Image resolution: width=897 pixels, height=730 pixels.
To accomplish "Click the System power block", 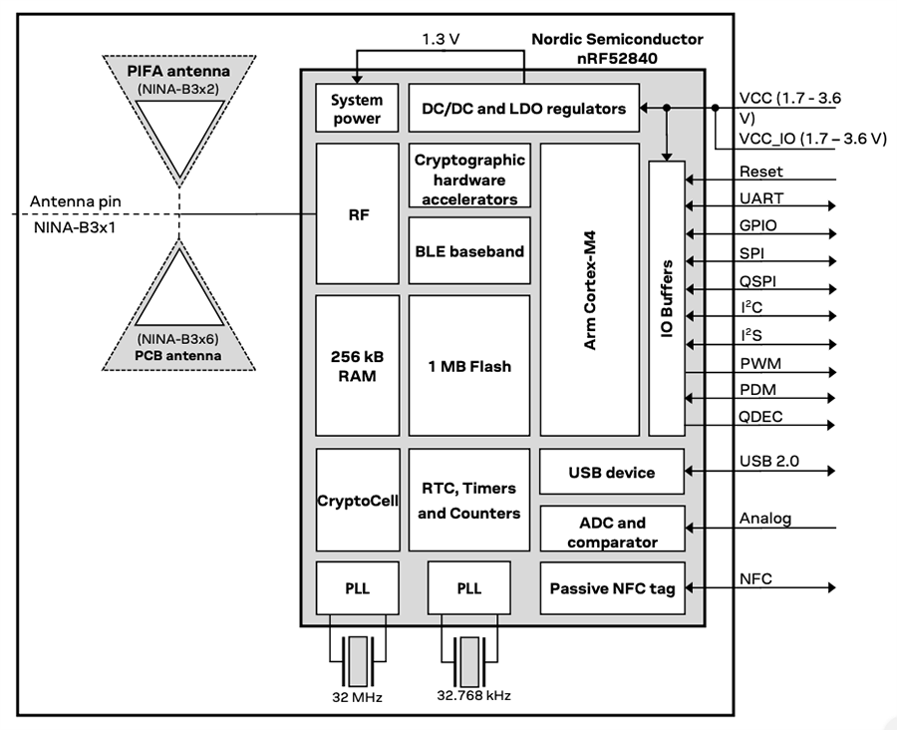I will pyautogui.click(x=356, y=109).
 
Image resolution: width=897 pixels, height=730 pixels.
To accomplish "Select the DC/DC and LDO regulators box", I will pyautogui.click(x=523, y=109).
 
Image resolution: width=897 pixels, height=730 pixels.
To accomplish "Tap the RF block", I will pyautogui.click(x=356, y=213).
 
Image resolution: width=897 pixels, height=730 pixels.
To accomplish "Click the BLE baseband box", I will pyautogui.click(x=468, y=251).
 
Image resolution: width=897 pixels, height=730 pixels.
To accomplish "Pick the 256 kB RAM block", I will pyautogui.click(x=356, y=365).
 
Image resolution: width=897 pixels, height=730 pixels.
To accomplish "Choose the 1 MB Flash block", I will pyautogui.click(x=468, y=365).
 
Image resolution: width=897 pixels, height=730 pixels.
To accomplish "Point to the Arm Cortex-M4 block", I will pyautogui.click(x=589, y=289).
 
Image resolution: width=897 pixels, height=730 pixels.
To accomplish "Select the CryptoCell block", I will pyautogui.click(x=357, y=500).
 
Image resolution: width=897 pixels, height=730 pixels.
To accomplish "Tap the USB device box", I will pyautogui.click(x=612, y=472).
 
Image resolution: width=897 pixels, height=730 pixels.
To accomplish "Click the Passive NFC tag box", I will pyautogui.click(x=612, y=588).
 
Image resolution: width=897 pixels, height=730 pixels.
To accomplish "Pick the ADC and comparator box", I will pyautogui.click(x=612, y=532).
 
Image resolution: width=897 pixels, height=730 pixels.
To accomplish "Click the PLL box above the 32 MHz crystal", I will pyautogui.click(x=357, y=588).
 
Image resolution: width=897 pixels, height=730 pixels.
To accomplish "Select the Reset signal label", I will pyautogui.click(x=760, y=172).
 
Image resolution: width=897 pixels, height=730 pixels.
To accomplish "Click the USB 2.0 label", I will pyautogui.click(x=769, y=461).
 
